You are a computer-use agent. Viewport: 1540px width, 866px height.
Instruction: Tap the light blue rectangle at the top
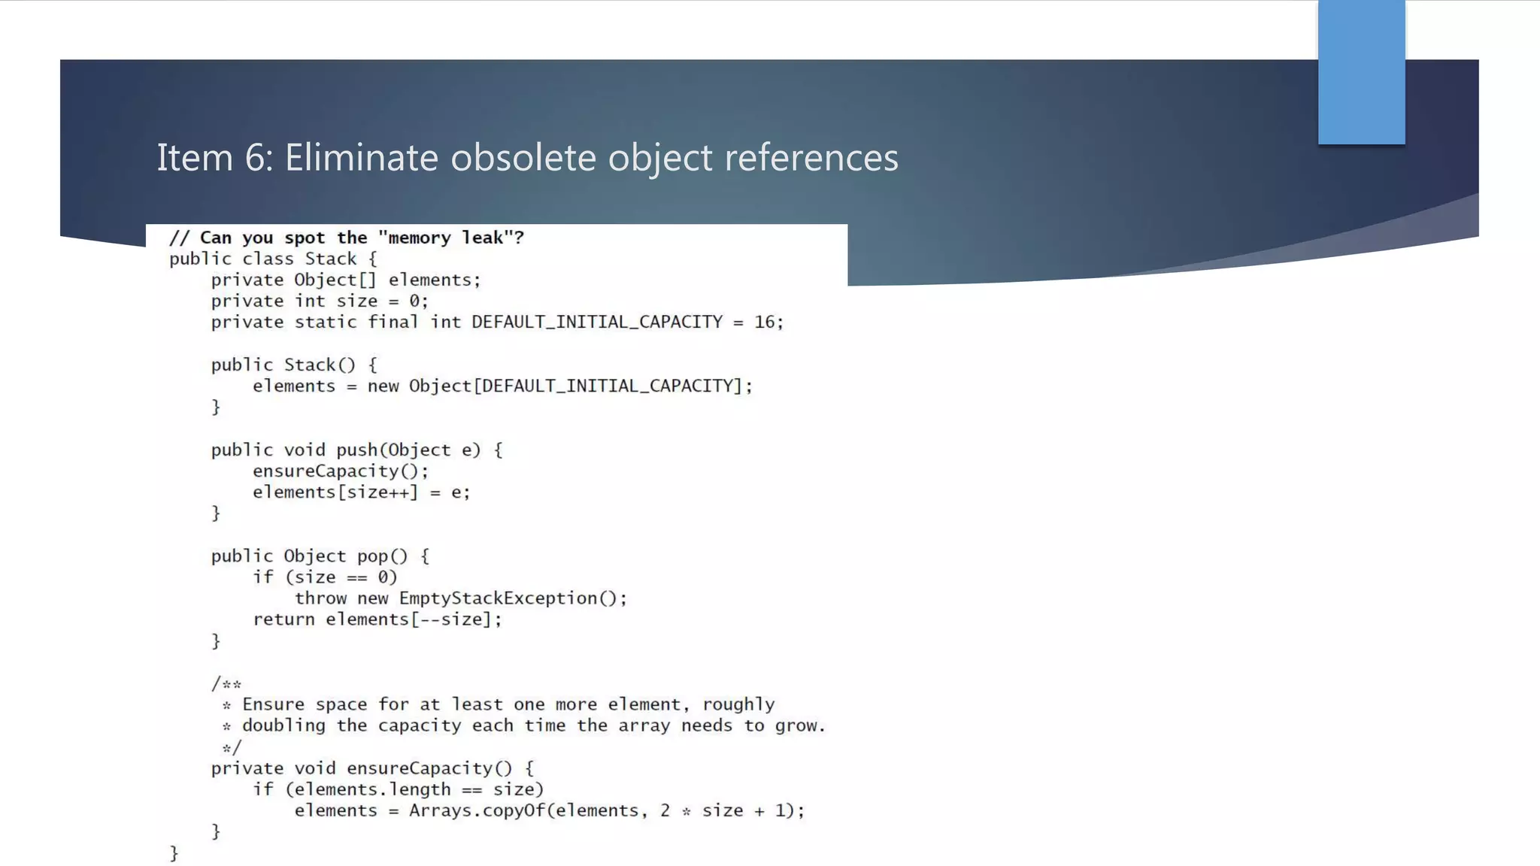coord(1361,72)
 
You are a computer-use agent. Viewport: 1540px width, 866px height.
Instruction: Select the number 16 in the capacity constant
coord(765,322)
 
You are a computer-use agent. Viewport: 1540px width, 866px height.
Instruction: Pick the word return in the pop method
coord(283,619)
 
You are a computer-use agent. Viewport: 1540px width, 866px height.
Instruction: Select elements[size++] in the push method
coord(335,492)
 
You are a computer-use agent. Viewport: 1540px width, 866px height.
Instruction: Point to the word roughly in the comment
coord(738,705)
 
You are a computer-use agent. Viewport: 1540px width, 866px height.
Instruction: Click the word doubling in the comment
coord(283,726)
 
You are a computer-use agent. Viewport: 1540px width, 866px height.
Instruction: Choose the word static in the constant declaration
coord(326,322)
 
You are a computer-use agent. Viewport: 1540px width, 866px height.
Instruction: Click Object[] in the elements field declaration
coord(335,280)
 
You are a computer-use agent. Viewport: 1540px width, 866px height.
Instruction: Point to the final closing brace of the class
coord(174,853)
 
